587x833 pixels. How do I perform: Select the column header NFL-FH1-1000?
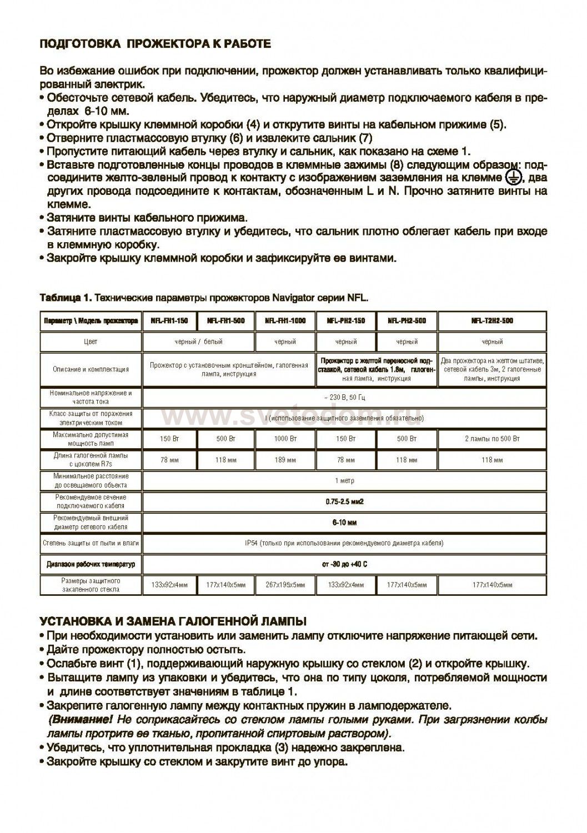pyautogui.click(x=285, y=320)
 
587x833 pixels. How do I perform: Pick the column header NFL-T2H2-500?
pyautogui.click(x=492, y=320)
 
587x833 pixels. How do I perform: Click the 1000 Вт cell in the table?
pyautogui.click(x=285, y=439)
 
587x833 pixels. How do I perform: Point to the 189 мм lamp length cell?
pyautogui.click(x=285, y=460)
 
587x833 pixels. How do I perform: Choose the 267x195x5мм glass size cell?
pyautogui.click(x=285, y=585)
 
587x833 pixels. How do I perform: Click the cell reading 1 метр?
pyautogui.click(x=345, y=480)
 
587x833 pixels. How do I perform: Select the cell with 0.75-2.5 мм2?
pyautogui.click(x=345, y=501)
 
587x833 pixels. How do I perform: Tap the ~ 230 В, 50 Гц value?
pyautogui.click(x=345, y=397)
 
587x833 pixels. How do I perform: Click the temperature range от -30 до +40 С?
pyautogui.click(x=345, y=564)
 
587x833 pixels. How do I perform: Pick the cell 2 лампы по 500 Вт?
pyautogui.click(x=492, y=439)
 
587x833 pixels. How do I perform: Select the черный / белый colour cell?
pyautogui.click(x=199, y=342)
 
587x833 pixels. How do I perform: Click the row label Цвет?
pyautogui.click(x=91, y=342)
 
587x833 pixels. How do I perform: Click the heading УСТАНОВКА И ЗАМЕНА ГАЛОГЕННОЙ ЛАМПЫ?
pyautogui.click(x=173, y=620)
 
